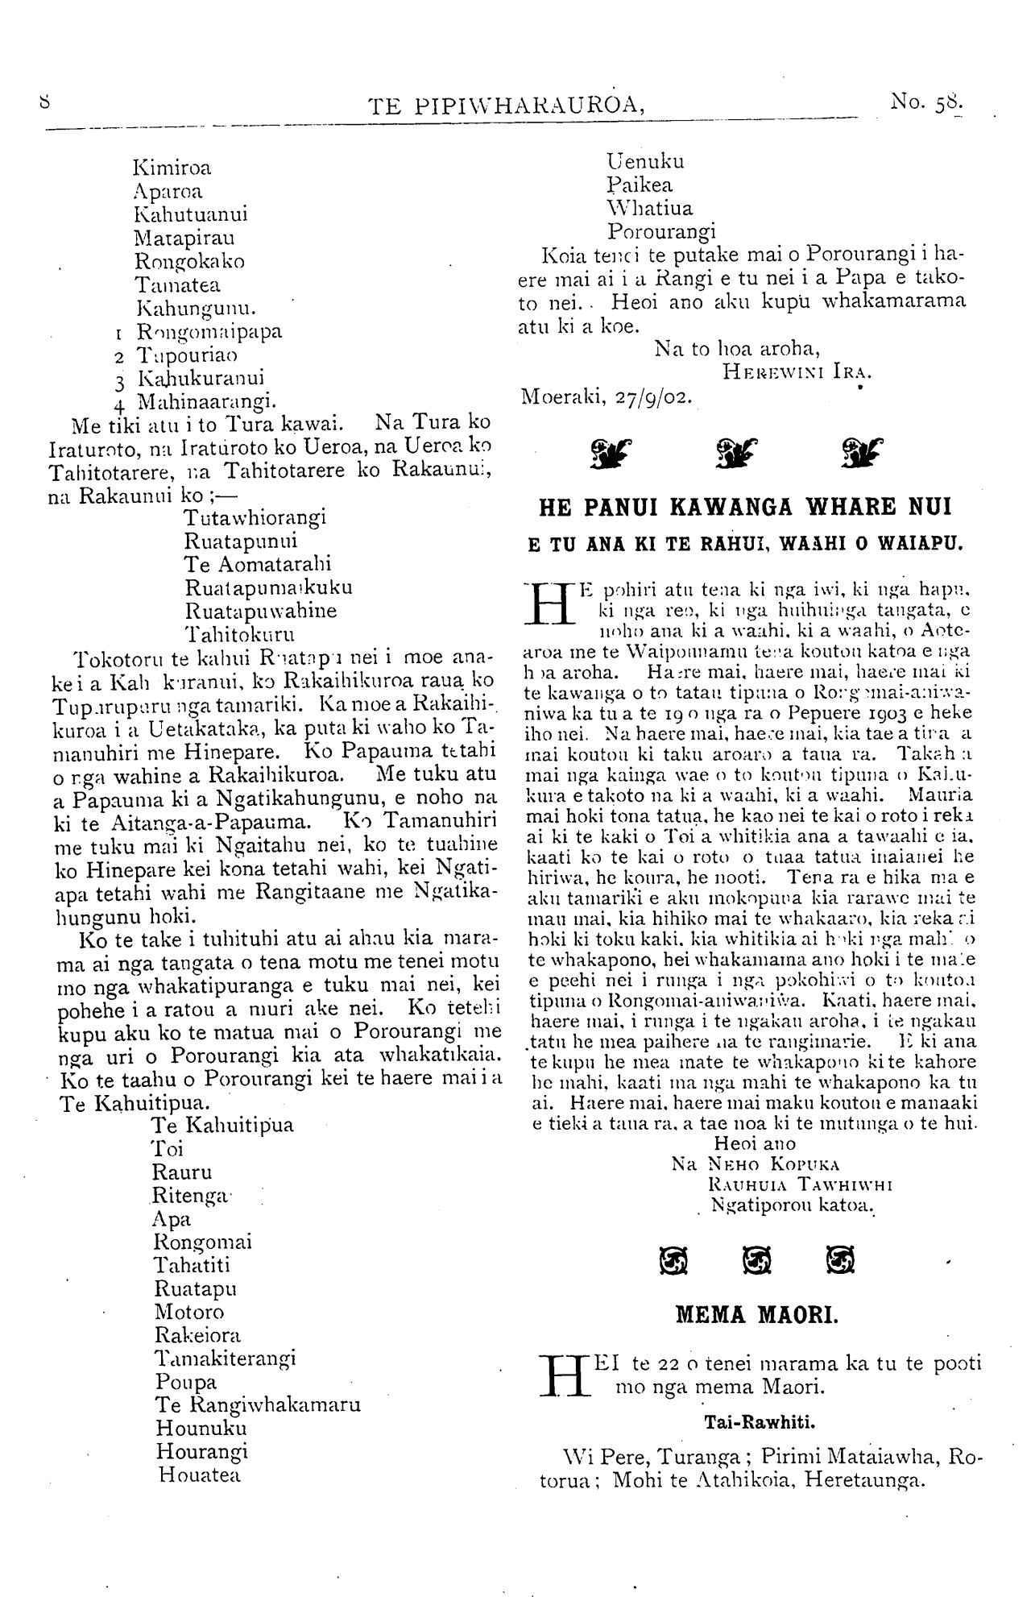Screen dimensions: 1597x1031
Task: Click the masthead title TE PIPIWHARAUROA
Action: click(506, 106)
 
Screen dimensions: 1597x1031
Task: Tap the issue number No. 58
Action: click(926, 103)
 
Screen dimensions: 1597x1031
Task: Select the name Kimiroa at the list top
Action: click(172, 168)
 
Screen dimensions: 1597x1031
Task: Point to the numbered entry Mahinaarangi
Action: click(207, 400)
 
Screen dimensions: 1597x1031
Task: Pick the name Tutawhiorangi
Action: click(255, 517)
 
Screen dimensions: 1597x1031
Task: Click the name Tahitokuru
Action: click(239, 633)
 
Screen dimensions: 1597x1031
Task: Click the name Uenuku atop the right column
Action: click(645, 161)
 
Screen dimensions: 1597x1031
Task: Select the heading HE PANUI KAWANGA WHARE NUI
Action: click(744, 508)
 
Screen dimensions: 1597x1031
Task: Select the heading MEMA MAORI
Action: click(756, 1316)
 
